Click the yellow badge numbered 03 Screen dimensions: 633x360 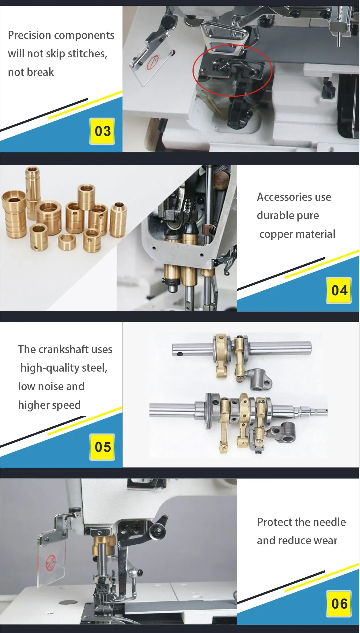[102, 131]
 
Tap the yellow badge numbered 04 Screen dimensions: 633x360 [339, 290]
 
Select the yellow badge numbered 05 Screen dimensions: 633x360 [102, 447]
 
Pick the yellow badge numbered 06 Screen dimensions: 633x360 [339, 604]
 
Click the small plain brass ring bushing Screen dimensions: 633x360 [67, 242]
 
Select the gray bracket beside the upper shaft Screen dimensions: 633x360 [260, 380]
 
